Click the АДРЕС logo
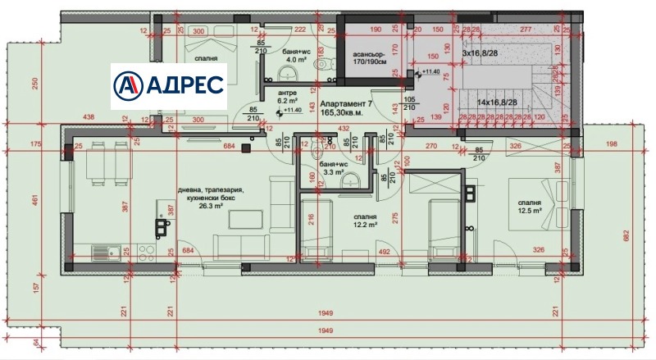pos(169,84)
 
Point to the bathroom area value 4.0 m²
pos(295,58)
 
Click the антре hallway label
pos(287,93)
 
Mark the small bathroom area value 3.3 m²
pos(333,173)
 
